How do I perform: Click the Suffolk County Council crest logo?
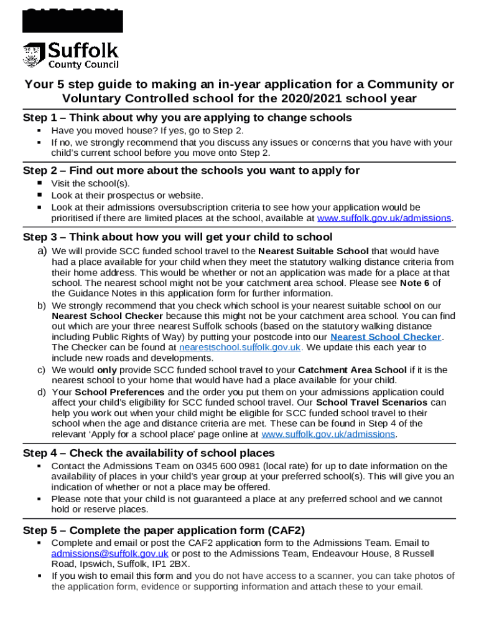tap(34, 55)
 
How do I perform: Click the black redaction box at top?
tap(72, 20)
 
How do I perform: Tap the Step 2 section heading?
tap(191, 170)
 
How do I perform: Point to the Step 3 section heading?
tap(177, 237)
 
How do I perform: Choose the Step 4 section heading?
tap(149, 453)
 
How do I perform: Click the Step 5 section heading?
tap(164, 530)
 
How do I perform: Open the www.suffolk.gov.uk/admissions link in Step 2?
tap(384, 218)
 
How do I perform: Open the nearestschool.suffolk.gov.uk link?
tap(240, 348)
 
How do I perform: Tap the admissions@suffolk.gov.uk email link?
tap(109, 554)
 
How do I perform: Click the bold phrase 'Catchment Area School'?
tap(352, 370)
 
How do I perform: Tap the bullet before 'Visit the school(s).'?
tap(39, 183)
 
